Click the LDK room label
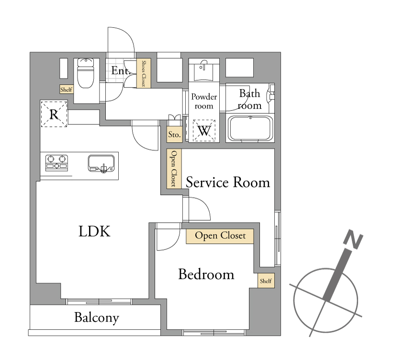(x=94, y=231)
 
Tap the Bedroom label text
(x=206, y=274)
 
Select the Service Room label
(x=228, y=182)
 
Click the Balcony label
(x=97, y=317)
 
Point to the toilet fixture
(x=85, y=73)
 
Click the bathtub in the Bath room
(x=250, y=128)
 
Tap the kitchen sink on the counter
(x=101, y=164)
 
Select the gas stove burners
(x=56, y=163)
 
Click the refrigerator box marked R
(x=54, y=114)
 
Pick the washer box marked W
(x=204, y=131)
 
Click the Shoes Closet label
(x=144, y=73)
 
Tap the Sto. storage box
(x=174, y=134)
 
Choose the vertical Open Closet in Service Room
(x=174, y=169)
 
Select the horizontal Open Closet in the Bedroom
(x=220, y=236)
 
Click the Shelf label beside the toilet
(x=67, y=90)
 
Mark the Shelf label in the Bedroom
(x=266, y=281)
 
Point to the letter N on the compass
(x=353, y=239)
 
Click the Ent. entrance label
(x=121, y=70)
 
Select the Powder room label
(x=204, y=101)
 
